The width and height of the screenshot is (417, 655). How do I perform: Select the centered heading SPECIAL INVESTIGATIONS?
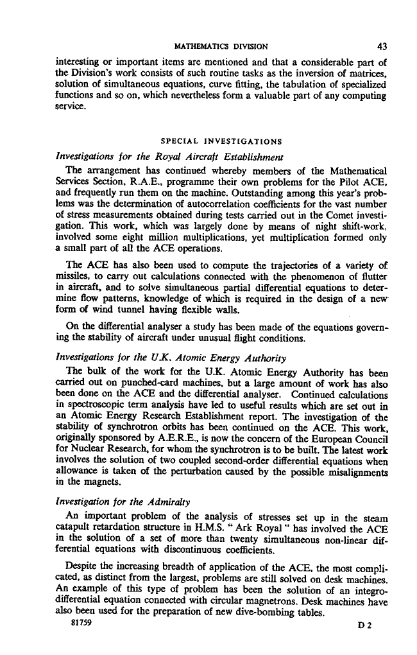[219, 141]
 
